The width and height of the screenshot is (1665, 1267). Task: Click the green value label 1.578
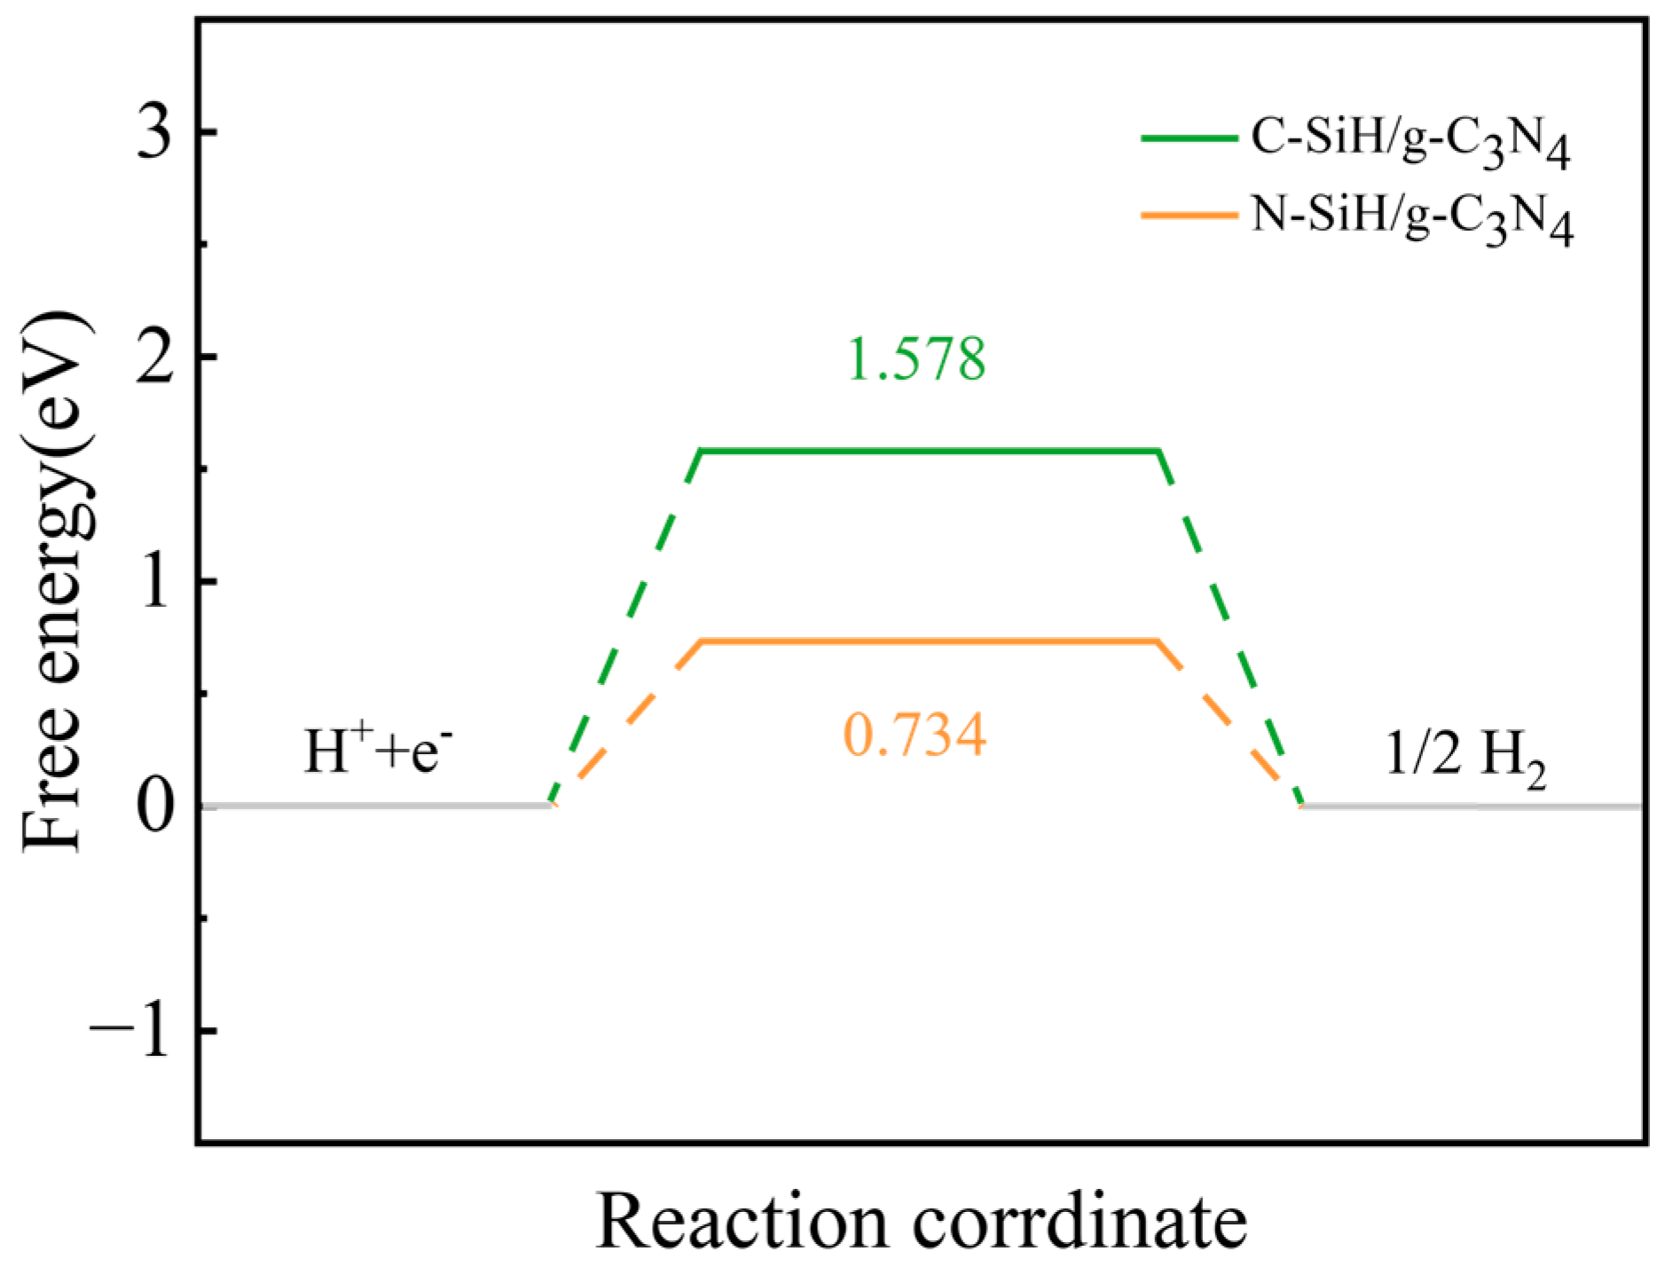point(916,359)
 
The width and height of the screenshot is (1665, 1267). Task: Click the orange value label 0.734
point(915,736)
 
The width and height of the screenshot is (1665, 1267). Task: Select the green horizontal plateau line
point(930,451)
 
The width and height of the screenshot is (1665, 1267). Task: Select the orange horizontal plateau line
point(930,640)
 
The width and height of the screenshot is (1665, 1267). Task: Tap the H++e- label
point(381,751)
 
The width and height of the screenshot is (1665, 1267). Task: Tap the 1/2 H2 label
point(1465,759)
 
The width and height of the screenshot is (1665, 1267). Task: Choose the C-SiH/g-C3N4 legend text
point(1410,142)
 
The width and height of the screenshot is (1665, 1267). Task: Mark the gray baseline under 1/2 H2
point(1473,807)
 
